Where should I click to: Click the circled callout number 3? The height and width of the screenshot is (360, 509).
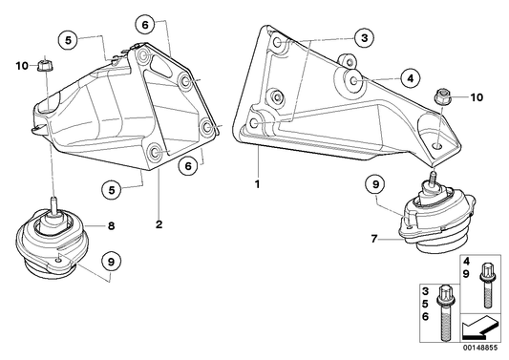(x=364, y=38)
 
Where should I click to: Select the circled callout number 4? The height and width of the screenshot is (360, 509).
(x=411, y=78)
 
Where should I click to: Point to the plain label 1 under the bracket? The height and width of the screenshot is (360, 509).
(x=258, y=184)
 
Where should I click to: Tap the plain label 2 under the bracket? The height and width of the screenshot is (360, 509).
(x=159, y=224)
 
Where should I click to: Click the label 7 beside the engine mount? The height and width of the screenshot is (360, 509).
(x=374, y=240)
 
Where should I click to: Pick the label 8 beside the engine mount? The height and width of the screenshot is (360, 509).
(x=112, y=225)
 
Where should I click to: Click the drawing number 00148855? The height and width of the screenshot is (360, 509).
(x=480, y=348)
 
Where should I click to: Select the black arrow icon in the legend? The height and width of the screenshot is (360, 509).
(x=479, y=328)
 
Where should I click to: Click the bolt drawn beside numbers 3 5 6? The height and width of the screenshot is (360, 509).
(x=444, y=312)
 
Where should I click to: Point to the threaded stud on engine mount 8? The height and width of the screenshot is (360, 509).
(x=53, y=204)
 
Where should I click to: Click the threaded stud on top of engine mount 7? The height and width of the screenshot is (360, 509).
(x=433, y=178)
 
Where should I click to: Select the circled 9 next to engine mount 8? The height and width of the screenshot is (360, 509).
(x=111, y=262)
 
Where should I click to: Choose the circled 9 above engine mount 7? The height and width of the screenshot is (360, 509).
(x=375, y=184)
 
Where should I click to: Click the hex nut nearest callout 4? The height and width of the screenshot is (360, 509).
(x=440, y=95)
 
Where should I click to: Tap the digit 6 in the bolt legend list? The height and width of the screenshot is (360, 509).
(x=425, y=316)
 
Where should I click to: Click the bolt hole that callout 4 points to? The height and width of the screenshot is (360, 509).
(x=354, y=79)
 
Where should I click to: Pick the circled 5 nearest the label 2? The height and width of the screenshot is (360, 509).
(x=112, y=190)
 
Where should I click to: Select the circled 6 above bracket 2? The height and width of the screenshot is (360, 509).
(x=145, y=24)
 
